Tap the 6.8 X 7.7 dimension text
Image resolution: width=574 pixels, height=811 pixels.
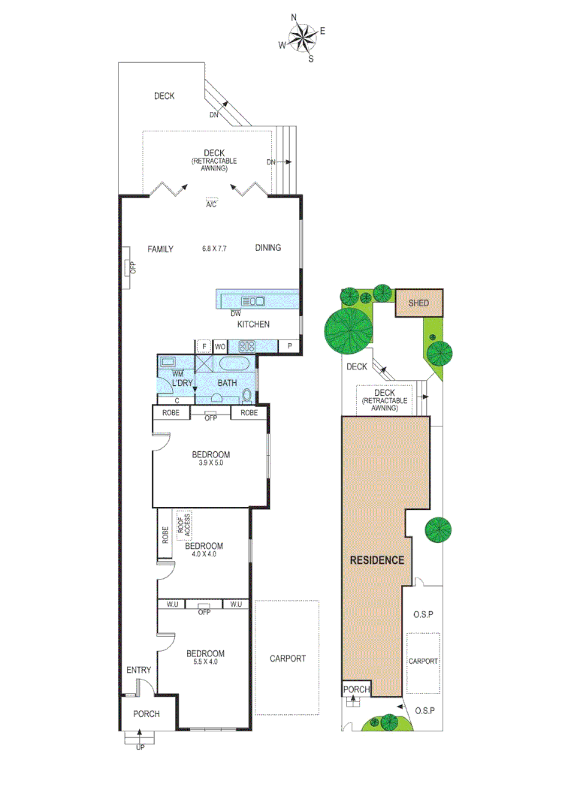click(214, 249)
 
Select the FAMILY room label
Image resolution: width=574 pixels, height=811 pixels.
click(160, 249)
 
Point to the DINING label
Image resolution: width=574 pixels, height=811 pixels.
click(267, 249)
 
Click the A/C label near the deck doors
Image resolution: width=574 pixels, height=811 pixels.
click(211, 204)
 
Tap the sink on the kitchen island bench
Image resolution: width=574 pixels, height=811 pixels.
click(253, 301)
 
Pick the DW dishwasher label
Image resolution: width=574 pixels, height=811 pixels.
click(235, 313)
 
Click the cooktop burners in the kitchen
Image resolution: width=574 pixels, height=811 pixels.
click(246, 346)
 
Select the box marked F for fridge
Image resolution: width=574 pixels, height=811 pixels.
click(203, 346)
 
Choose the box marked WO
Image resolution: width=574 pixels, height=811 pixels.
click(220, 346)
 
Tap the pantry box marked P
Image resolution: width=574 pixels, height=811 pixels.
click(289, 346)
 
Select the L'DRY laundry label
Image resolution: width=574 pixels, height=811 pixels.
click(182, 384)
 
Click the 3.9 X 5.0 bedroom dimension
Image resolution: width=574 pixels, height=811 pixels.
click(210, 464)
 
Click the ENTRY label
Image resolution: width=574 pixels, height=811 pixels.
click(138, 671)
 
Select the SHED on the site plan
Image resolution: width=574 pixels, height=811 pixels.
click(418, 303)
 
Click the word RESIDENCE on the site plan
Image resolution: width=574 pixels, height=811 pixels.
click(377, 560)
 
